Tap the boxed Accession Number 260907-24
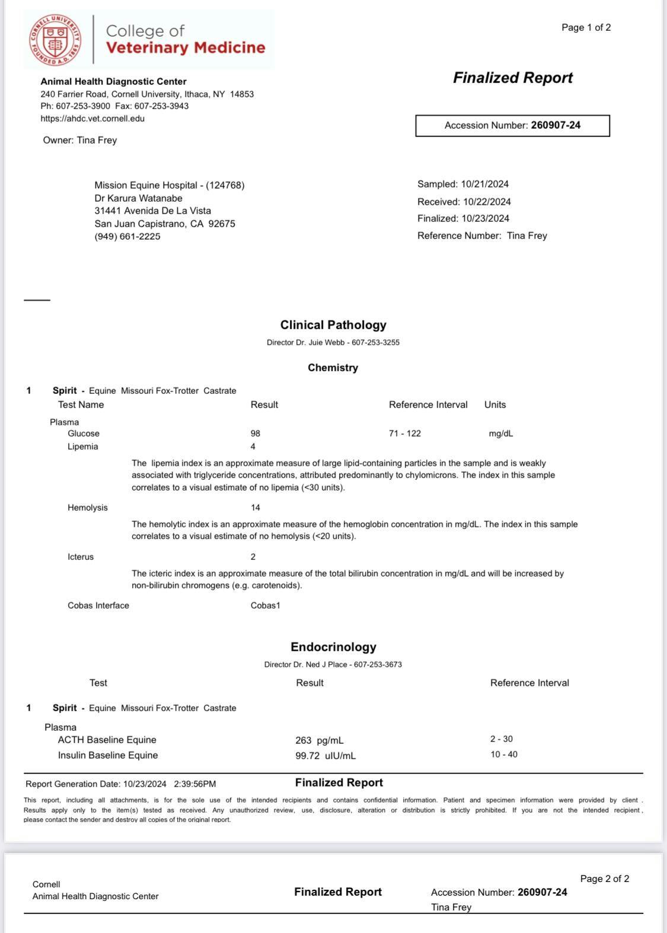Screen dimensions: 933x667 512,125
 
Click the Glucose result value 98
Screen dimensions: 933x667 256,434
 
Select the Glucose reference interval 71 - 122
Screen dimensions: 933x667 405,434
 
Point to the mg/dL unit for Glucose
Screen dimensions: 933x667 501,434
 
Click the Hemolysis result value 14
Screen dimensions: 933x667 256,508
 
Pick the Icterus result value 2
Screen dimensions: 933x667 253,557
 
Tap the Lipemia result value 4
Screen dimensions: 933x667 253,447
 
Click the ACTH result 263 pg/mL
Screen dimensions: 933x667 319,740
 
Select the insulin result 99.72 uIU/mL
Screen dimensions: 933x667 325,756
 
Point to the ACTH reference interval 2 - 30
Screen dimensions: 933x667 502,739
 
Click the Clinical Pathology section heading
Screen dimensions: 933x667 333,325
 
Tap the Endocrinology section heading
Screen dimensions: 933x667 333,647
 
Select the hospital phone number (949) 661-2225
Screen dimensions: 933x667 127,237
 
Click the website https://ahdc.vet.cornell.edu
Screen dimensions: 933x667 92,119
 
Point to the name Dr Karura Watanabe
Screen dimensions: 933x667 138,198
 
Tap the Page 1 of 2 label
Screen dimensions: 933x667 586,27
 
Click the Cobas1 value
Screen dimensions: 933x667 265,606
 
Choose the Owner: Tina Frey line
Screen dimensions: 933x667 80,141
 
